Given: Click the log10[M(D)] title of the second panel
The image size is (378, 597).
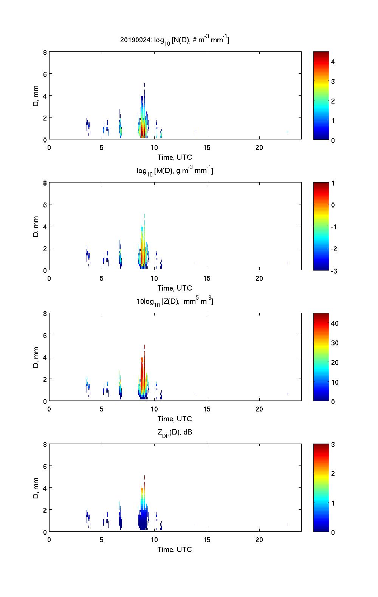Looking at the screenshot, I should tap(175, 171).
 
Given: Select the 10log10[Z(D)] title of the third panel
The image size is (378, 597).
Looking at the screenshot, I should tap(175, 302).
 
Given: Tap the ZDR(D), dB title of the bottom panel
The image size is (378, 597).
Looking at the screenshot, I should tap(175, 433).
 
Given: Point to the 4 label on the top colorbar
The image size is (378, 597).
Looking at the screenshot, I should tap(333, 62).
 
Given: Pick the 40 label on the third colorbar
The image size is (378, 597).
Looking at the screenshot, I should tap(335, 323).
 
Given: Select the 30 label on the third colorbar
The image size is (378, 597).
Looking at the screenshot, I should tap(335, 343).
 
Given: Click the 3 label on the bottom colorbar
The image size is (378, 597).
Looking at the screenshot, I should tap(333, 445).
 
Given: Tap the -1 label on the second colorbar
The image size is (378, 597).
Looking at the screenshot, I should tap(334, 227).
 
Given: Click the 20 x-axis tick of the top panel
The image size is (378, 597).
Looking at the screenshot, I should tap(259, 147).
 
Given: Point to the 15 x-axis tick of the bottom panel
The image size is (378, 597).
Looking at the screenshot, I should tap(207, 540).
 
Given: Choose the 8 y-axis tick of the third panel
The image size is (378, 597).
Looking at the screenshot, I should tap(45, 314).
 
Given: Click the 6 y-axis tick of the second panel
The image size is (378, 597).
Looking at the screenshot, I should tap(45, 204).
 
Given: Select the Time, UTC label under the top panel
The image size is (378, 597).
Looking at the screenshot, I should tap(175, 157).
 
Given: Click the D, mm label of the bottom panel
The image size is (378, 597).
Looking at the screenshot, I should tap(36, 488).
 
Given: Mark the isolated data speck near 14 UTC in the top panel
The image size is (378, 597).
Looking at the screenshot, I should tap(196, 132).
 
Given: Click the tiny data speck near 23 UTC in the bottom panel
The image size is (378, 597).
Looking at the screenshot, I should tap(288, 524).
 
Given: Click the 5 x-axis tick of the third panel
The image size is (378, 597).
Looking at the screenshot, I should tap(102, 409).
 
